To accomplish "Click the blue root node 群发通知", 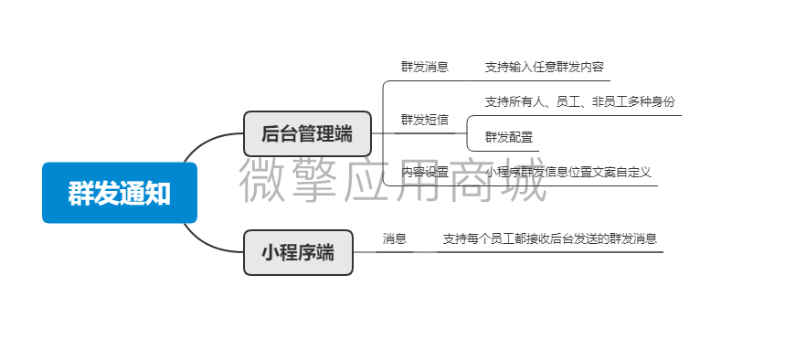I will [x=120, y=193].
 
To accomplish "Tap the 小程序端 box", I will [x=298, y=252].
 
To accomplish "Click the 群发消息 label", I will [x=424, y=67].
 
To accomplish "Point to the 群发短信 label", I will [x=424, y=120].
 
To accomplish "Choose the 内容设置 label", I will [x=424, y=172].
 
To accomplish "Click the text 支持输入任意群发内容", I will [x=544, y=67].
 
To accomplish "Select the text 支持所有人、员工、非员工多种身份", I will [x=579, y=101].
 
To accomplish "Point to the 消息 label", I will [x=394, y=238].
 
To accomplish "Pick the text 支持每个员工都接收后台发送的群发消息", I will [x=549, y=238].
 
